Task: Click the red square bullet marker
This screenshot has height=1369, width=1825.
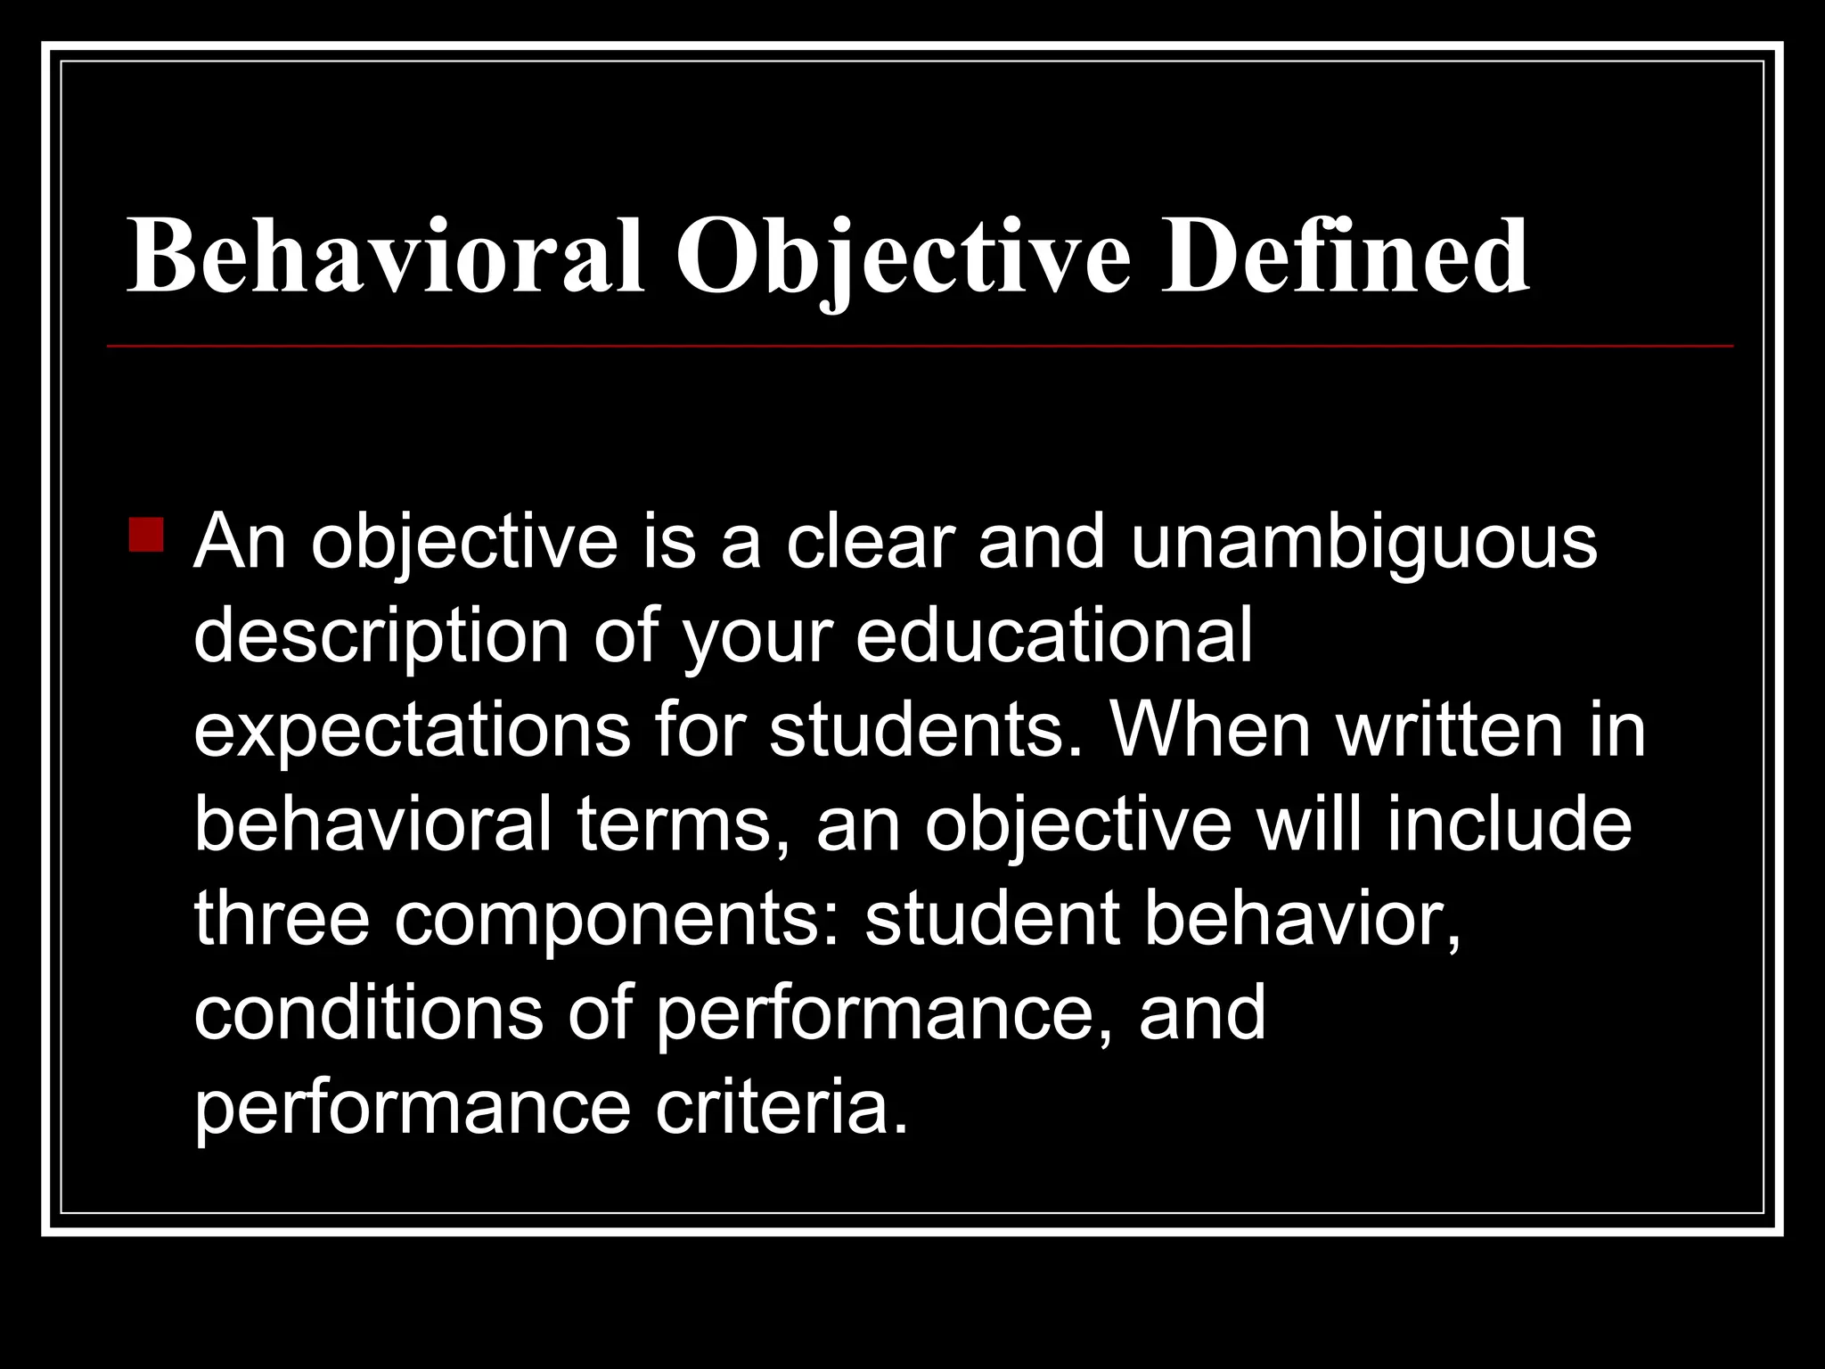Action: click(146, 535)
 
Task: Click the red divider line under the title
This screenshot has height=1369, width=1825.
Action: click(920, 345)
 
